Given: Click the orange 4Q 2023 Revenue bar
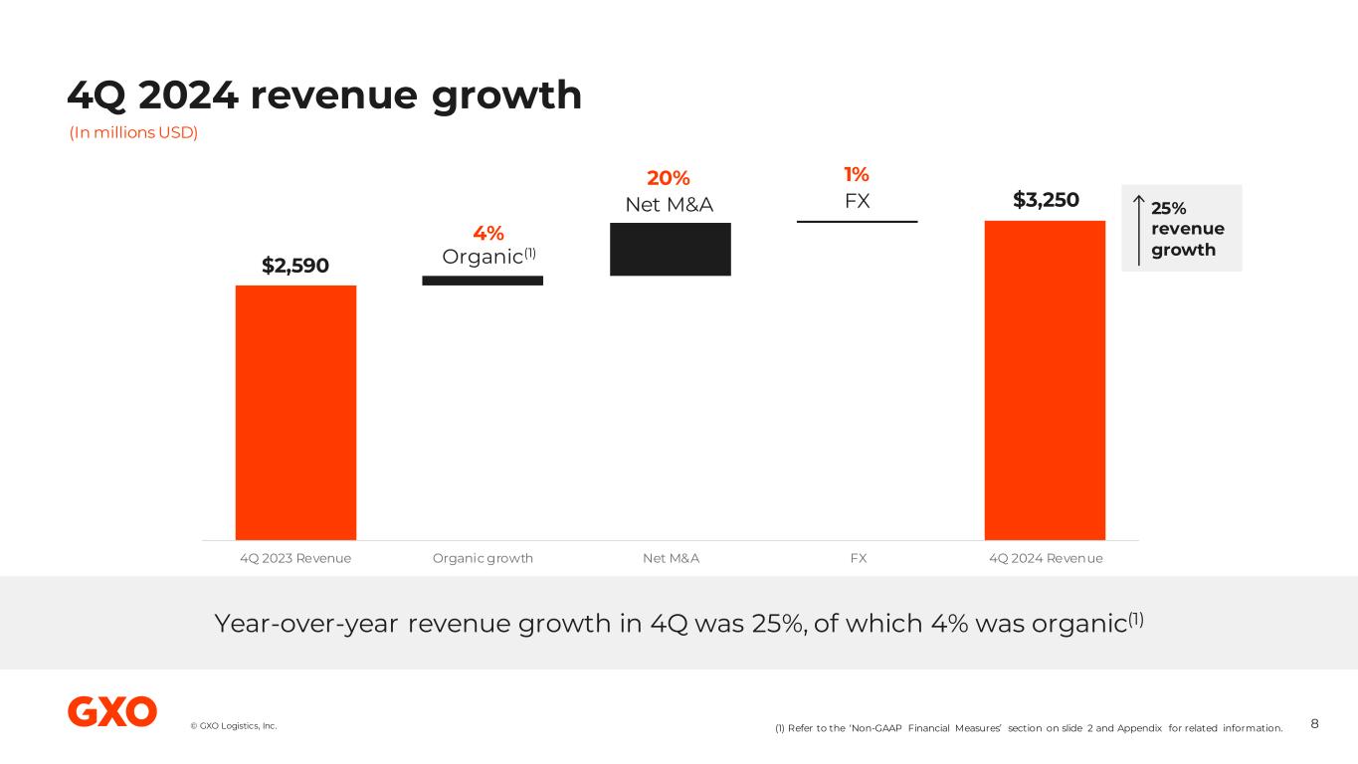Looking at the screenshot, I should [295, 412].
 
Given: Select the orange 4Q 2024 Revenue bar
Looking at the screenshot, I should [1045, 380].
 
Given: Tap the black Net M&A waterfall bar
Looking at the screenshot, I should [670, 249].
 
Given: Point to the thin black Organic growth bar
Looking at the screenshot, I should [483, 281].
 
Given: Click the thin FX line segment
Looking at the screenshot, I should [857, 221].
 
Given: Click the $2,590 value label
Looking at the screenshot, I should [295, 266].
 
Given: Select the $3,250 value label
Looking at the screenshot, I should [1045, 200].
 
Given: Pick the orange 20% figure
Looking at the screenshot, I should [669, 178].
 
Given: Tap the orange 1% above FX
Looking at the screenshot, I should [857, 175].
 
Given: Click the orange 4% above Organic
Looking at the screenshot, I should [487, 233].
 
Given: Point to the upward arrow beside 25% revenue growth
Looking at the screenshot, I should [1138, 228].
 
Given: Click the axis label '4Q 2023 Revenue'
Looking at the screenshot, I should [295, 558].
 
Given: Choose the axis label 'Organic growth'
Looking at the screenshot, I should [483, 558].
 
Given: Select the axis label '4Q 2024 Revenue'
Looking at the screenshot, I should [1046, 558].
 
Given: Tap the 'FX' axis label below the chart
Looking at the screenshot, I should [858, 558].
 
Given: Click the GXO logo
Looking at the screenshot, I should [112, 711].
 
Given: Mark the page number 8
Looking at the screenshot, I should [1314, 723].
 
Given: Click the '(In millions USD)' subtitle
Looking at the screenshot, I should [133, 133].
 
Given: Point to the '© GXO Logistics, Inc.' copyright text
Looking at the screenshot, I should [234, 726].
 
